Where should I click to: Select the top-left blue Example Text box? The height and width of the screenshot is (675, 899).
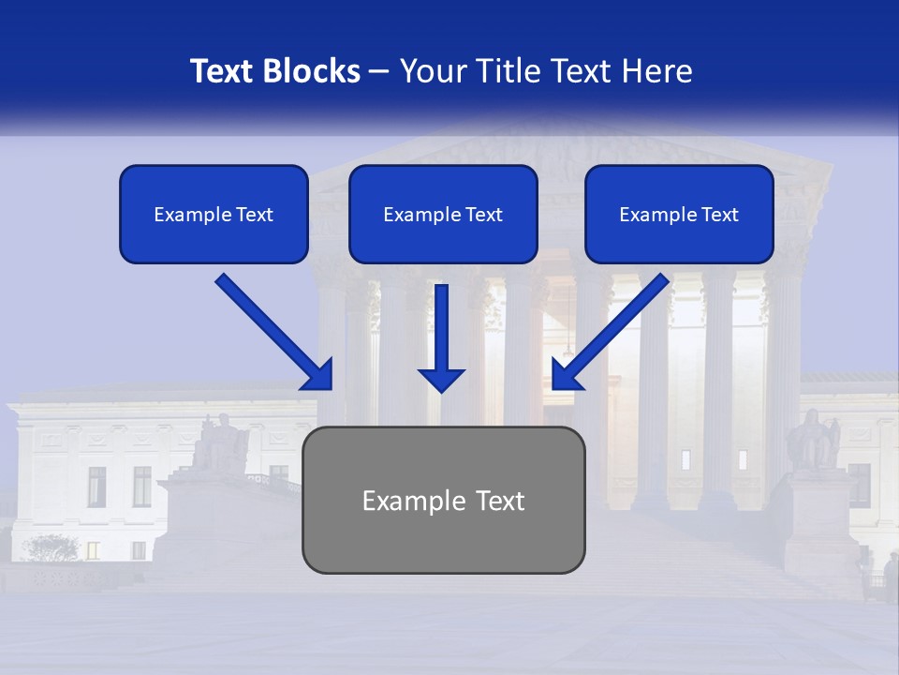(214, 215)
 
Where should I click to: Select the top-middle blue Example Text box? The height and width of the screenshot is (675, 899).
(443, 215)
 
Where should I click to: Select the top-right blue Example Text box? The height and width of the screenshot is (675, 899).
(679, 215)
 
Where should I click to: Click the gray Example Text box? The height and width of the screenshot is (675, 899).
(443, 500)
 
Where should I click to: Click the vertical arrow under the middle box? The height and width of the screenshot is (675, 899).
(441, 328)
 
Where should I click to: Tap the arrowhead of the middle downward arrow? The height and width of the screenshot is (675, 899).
(441, 379)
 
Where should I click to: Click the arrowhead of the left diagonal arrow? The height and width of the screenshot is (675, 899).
(318, 376)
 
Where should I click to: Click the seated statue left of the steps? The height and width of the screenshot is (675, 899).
(220, 442)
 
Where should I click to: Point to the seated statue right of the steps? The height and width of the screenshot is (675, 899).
(811, 440)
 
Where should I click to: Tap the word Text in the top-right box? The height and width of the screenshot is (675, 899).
(719, 215)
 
